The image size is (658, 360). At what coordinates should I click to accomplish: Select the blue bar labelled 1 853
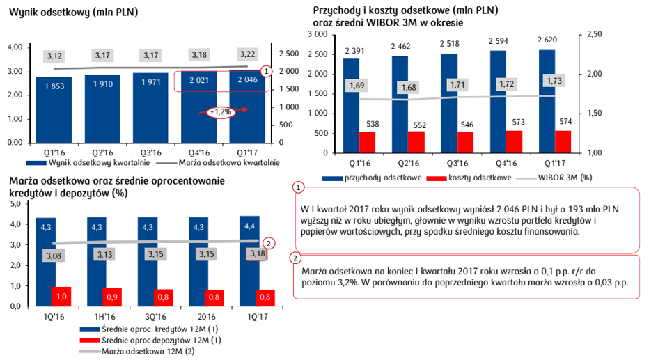[54, 111]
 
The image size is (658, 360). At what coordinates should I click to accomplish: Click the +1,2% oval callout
[219, 112]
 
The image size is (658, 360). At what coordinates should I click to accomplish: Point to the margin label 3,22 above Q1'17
[247, 54]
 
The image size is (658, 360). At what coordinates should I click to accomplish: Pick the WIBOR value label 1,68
[409, 87]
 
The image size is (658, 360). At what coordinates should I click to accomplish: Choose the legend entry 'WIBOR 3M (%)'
[561, 178]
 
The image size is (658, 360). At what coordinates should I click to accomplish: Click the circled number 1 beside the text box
[299, 187]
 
